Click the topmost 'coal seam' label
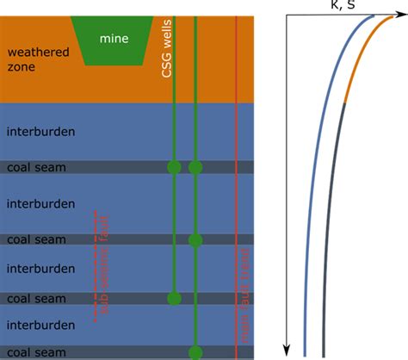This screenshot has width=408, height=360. tap(36, 167)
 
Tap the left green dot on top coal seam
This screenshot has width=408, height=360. tap(175, 167)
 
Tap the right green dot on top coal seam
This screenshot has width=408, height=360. tap(195, 167)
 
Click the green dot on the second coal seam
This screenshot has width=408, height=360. tap(195, 239)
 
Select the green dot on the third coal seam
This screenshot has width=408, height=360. tap(175, 298)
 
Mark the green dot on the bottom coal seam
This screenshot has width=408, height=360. tap(195, 351)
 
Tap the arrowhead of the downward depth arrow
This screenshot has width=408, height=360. tap(287, 352)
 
